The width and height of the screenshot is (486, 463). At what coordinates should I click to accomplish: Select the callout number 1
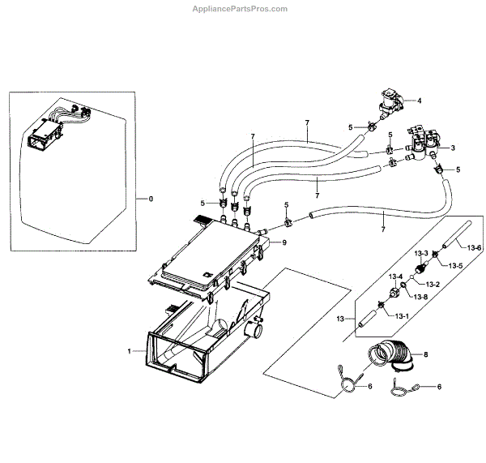point(129,351)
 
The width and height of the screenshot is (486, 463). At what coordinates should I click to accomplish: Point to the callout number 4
point(420,101)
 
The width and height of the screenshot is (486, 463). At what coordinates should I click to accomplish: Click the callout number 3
point(452,148)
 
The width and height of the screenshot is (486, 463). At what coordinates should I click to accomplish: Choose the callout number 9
point(283,242)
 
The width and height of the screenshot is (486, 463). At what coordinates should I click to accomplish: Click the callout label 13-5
point(456,266)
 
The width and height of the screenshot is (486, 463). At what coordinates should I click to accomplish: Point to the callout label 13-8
point(420,298)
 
